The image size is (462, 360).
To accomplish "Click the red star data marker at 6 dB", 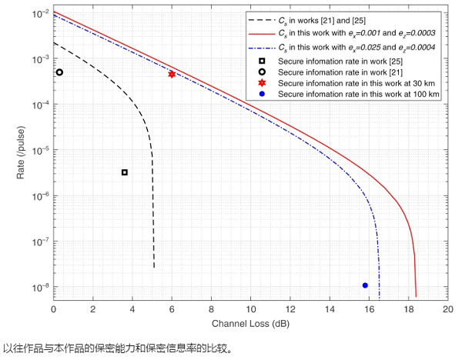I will (172, 74).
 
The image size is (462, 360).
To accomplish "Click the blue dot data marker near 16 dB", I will (365, 285).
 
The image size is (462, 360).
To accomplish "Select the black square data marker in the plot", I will (125, 172).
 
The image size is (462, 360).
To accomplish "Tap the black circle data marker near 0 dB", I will (59, 72).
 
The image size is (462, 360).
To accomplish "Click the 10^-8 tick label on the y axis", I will (38, 287).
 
